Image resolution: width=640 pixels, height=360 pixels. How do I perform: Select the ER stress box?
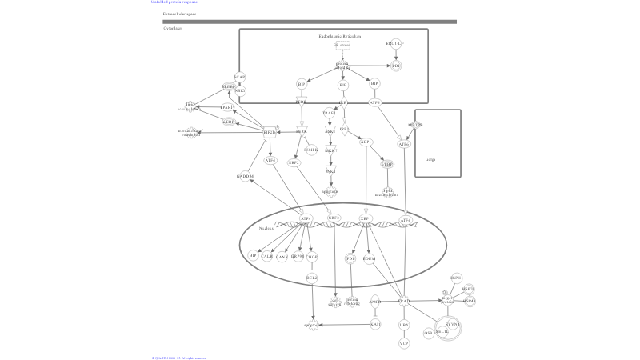click(x=342, y=46)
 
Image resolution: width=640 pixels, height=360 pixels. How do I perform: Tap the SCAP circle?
click(x=239, y=78)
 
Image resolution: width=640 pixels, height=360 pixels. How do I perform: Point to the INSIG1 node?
click(x=241, y=91)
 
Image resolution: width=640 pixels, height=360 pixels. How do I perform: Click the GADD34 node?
click(x=245, y=176)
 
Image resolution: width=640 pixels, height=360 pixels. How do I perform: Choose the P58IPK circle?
click(x=310, y=150)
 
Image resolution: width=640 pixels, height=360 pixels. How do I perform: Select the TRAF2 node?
click(x=329, y=113)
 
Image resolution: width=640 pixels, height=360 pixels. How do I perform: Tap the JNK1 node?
click(x=330, y=171)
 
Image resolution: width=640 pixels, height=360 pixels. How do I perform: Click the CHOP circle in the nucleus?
click(x=312, y=257)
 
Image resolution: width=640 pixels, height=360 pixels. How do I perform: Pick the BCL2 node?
click(x=312, y=278)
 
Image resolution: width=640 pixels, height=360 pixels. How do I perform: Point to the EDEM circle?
click(x=369, y=258)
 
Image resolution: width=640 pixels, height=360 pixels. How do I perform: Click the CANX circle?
click(x=282, y=257)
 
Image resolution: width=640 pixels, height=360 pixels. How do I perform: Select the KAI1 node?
click(x=375, y=324)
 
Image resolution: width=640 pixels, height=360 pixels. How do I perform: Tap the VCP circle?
click(x=404, y=343)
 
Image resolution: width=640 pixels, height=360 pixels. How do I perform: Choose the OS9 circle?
click(x=428, y=333)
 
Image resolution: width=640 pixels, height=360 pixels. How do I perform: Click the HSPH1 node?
click(x=456, y=278)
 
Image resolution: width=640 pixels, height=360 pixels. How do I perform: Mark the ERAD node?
click(x=404, y=302)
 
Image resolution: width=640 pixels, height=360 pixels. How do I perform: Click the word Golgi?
click(x=430, y=159)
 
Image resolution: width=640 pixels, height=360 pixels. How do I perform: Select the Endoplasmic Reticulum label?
click(x=339, y=36)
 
